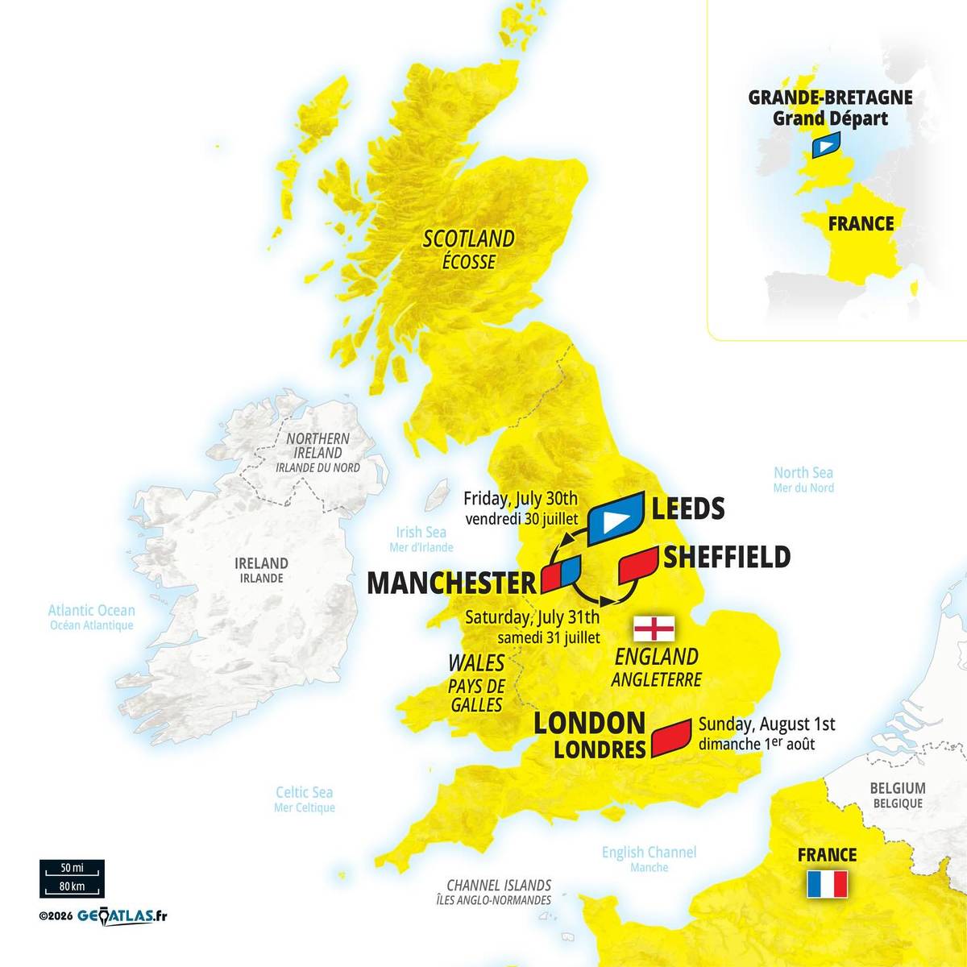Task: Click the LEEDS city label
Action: [687, 508]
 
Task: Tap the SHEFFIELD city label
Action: [726, 557]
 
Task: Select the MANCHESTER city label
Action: [451, 582]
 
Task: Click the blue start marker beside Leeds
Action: [616, 517]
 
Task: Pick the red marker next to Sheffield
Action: [639, 565]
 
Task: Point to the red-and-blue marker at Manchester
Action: [560, 574]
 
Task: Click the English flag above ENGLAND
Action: [654, 629]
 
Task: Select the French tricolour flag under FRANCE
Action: [827, 884]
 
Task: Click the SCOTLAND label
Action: [469, 239]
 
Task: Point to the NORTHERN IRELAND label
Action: [317, 446]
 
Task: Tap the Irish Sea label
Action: [421, 533]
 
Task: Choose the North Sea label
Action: [803, 473]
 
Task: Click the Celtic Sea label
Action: [304, 792]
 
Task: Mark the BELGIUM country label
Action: [898, 788]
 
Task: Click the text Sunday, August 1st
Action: [766, 724]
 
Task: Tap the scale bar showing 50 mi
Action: [72, 869]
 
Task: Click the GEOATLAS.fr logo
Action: [122, 915]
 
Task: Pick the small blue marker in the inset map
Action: [826, 147]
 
